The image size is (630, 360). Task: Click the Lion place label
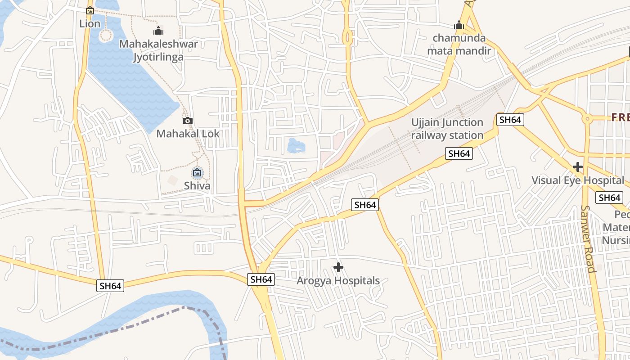(x=90, y=23)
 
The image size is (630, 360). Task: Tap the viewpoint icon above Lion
(x=90, y=10)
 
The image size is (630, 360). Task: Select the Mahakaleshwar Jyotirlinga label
(x=158, y=50)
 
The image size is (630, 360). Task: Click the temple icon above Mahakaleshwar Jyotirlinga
(x=158, y=31)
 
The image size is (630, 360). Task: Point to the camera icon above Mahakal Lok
(x=188, y=121)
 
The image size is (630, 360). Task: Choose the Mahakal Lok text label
(x=188, y=134)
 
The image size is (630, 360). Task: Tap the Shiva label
(x=197, y=185)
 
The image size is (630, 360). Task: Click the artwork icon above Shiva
(x=197, y=172)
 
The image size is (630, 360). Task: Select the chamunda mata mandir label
(x=459, y=44)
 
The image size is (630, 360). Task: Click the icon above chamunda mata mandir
(x=459, y=25)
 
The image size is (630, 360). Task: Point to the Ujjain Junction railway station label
(x=447, y=129)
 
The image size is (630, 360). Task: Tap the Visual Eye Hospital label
(x=578, y=180)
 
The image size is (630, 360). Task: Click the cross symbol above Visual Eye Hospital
(x=578, y=167)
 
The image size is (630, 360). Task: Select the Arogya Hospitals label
(x=338, y=281)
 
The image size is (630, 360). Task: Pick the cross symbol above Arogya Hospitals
(x=338, y=268)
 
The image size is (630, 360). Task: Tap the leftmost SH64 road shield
(x=110, y=286)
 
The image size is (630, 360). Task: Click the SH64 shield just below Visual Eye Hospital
(x=610, y=198)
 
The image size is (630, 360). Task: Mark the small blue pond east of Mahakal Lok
(x=296, y=146)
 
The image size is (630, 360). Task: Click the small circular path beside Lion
(x=106, y=35)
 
